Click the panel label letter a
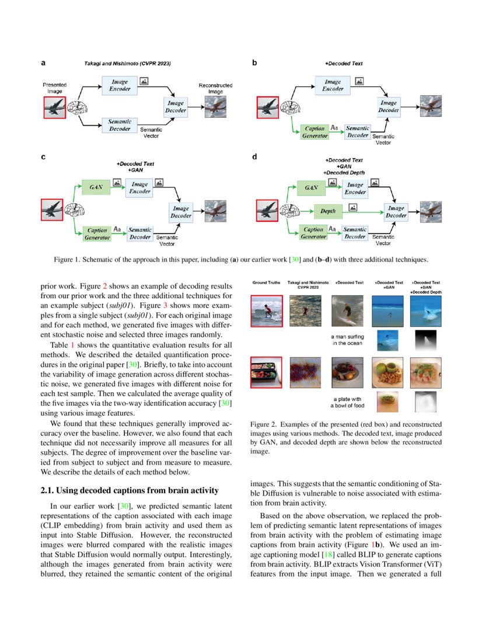point(43,62)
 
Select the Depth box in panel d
point(327,211)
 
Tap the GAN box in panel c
point(96,187)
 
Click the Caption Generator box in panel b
point(314,132)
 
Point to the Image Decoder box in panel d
point(396,212)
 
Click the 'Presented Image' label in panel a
point(54,88)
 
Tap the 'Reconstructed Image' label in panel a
point(215,88)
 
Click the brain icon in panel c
point(75,209)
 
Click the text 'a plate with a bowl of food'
point(349,402)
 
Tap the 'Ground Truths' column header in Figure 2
point(266,283)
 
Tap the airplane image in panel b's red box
point(270,107)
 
